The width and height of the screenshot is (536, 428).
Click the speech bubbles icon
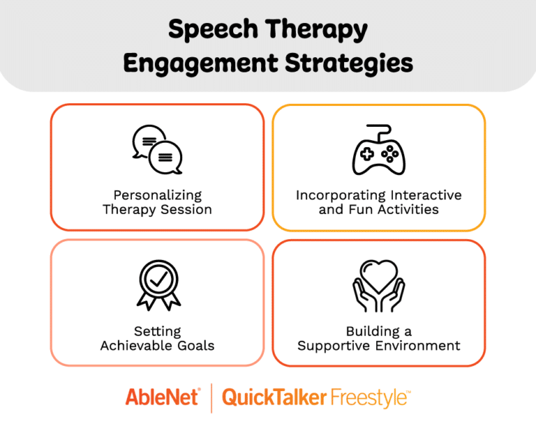[157, 150]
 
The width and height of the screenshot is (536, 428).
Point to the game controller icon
[378, 153]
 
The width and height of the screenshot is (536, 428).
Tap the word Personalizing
[157, 195]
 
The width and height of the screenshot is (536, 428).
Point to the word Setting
[157, 331]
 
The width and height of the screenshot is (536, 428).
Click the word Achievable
[137, 345]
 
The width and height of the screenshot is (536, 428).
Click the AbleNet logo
[163, 397]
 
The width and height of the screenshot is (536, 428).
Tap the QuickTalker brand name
[274, 397]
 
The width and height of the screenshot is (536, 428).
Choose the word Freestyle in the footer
[368, 397]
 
